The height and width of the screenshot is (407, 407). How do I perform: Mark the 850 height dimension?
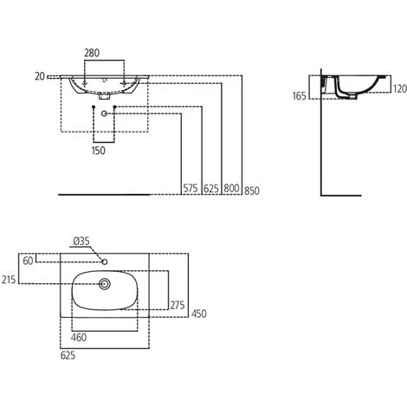point(251,191)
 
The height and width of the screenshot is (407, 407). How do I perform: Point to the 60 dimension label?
point(29,260)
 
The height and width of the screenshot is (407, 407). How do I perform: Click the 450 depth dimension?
point(199,313)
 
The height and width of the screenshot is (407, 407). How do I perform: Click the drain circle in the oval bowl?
point(106,282)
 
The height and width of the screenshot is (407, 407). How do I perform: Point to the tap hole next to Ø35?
point(104,260)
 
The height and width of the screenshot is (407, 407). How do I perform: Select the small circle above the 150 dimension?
point(105,114)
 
